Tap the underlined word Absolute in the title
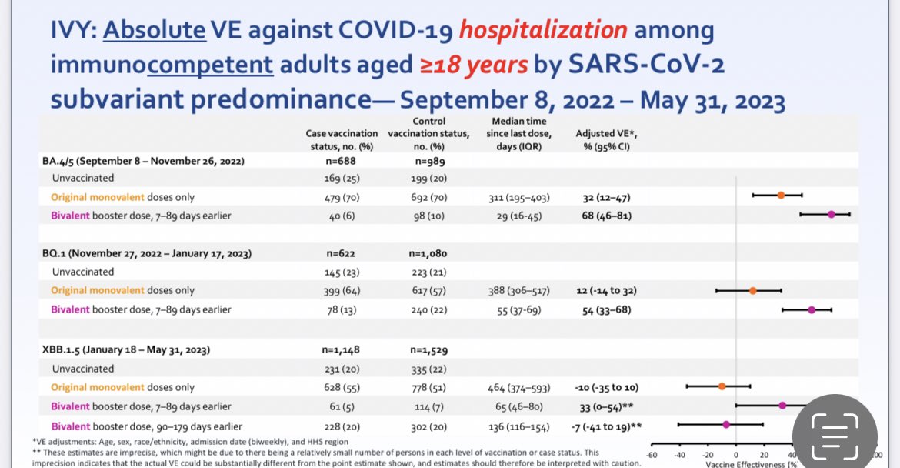click(154, 31)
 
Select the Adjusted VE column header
click(595, 139)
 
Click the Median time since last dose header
click(517, 133)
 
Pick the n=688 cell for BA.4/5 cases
click(340, 161)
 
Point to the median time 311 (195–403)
click(518, 197)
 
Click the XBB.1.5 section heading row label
click(126, 349)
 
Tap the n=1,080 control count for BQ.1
click(428, 253)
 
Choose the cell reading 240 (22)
click(428, 309)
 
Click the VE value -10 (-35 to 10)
click(605, 387)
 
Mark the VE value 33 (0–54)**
click(605, 406)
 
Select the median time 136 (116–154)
click(518, 426)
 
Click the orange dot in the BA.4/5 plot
click(781, 195)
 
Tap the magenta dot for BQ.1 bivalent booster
click(812, 309)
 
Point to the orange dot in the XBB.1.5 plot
click(722, 386)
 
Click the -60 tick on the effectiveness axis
click(652, 454)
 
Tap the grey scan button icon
click(835, 426)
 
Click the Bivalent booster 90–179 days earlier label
click(147, 426)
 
